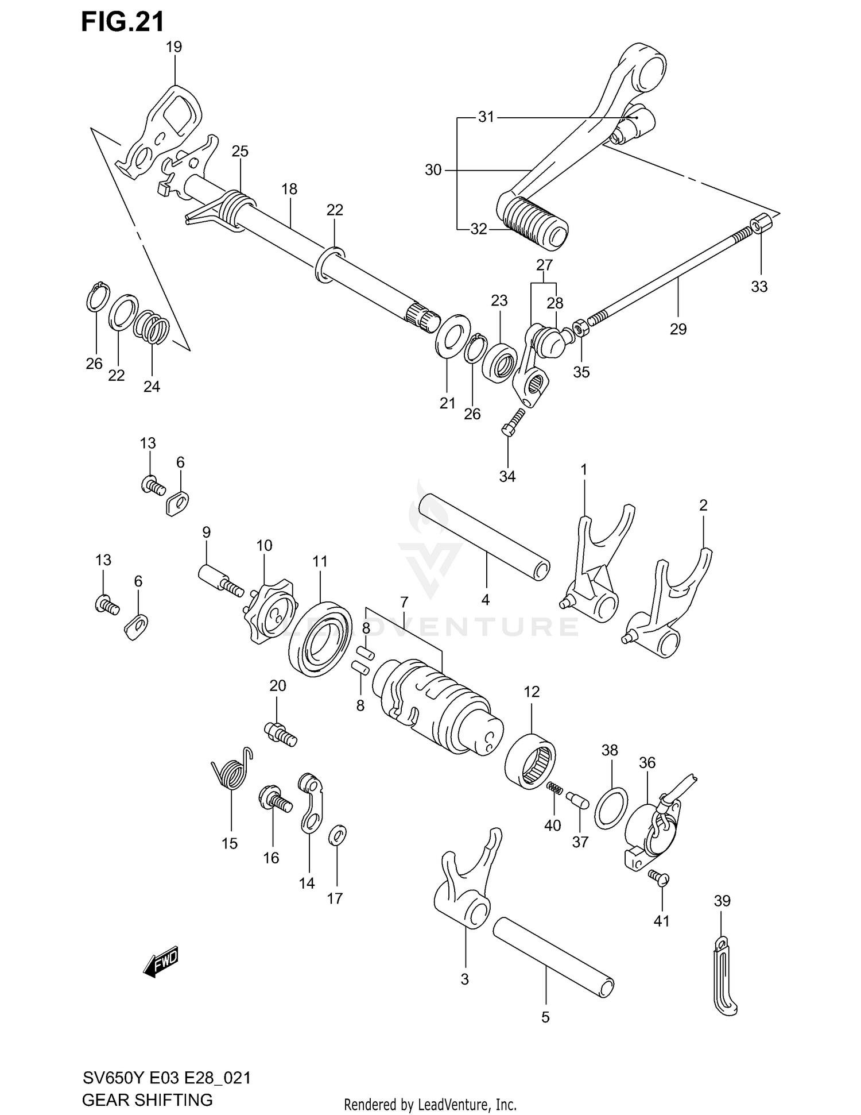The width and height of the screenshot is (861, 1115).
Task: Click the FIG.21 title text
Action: click(x=123, y=21)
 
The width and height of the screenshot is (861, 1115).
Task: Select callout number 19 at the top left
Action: click(x=174, y=47)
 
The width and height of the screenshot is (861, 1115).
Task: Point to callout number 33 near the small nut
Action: click(x=759, y=287)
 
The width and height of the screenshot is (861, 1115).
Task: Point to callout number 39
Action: click(x=722, y=901)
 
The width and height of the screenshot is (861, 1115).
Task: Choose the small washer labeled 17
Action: click(x=338, y=836)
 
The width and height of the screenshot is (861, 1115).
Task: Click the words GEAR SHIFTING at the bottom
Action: click(x=148, y=1099)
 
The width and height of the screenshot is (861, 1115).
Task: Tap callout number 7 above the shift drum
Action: click(x=404, y=603)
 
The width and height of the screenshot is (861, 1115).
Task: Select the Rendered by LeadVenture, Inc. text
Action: click(x=430, y=1104)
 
